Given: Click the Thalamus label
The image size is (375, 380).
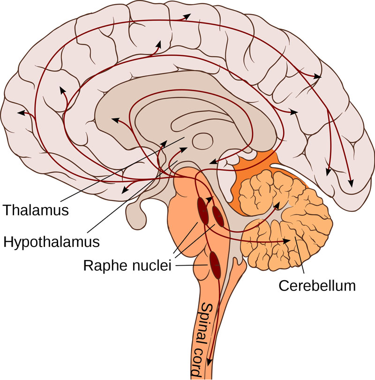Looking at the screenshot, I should [x=35, y=209].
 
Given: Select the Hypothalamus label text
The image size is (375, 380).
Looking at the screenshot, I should [x=52, y=242].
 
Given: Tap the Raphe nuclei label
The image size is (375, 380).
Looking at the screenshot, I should [x=127, y=266].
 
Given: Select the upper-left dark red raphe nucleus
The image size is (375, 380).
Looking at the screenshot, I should [x=202, y=209].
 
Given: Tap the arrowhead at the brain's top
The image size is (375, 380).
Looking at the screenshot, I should [x=187, y=16].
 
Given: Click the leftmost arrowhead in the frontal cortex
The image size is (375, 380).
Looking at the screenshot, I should [x=20, y=112].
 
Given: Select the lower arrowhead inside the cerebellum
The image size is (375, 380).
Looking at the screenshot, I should [x=285, y=241].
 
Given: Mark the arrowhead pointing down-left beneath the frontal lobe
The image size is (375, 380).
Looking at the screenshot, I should [x=124, y=190].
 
